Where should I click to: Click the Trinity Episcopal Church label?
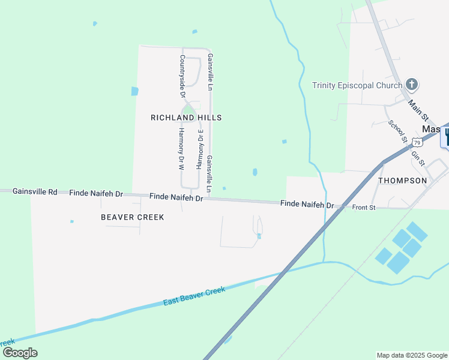(357, 85)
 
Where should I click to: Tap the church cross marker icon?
(412, 84)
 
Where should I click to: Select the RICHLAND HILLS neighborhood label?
(186, 118)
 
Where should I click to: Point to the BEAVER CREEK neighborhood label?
(133, 217)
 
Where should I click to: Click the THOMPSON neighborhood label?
(402, 180)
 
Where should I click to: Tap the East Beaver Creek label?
(194, 296)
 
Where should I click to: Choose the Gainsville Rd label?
(35, 192)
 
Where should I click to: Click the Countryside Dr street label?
(182, 76)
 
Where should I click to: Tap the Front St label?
(364, 208)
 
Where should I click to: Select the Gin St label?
(418, 158)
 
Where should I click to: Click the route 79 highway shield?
(416, 142)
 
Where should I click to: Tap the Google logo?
(20, 352)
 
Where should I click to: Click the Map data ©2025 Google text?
(411, 355)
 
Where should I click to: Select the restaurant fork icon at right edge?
(446, 136)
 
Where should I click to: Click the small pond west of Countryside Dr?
(134, 91)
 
